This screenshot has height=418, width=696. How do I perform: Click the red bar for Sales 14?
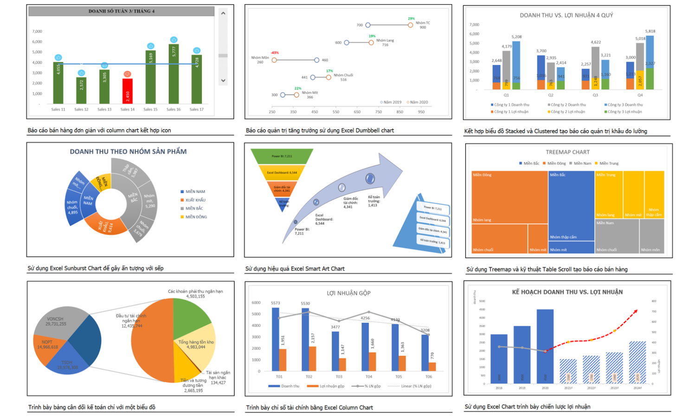point(127,91)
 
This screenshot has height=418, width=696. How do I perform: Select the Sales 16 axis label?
point(174,110)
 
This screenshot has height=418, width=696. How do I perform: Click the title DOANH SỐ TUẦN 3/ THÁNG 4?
point(122,11)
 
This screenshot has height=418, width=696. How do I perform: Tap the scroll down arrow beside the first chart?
point(223,80)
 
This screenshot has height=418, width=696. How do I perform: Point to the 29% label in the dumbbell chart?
point(411,19)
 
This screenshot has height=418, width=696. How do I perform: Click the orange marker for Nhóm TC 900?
point(410,25)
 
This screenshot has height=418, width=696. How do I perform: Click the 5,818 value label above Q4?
point(650,31)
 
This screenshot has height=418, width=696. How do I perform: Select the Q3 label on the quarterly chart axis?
point(595,95)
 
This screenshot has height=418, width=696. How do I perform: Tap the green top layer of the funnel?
point(282,157)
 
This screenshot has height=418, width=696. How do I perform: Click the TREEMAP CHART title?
point(567,152)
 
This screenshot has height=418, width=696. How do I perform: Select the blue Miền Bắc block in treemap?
point(571,204)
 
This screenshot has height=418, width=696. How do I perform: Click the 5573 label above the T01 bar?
point(276,303)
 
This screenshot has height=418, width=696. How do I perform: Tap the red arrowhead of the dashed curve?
point(636,311)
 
